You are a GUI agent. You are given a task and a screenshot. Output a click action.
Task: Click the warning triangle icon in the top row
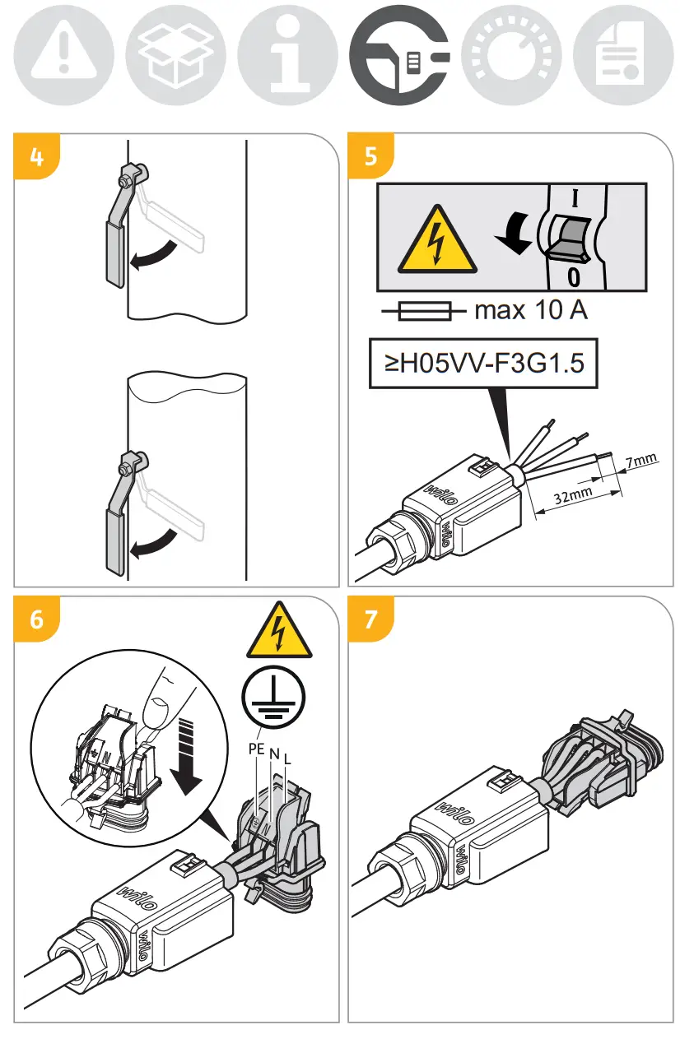63,55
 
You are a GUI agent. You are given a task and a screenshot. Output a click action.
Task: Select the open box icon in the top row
176,55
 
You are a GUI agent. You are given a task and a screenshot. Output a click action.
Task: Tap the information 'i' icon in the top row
288,55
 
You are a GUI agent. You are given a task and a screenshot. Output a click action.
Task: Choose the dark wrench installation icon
399,55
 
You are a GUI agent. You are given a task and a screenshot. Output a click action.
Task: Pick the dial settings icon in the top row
511,55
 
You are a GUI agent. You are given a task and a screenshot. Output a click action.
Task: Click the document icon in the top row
623,55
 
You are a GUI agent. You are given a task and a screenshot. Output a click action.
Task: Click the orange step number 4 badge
37,156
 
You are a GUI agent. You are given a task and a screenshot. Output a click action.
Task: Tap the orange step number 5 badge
370,155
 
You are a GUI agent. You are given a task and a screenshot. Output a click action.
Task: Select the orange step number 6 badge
37,619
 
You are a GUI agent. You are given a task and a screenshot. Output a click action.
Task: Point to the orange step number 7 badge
370,619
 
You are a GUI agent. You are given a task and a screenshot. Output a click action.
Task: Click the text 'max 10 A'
531,310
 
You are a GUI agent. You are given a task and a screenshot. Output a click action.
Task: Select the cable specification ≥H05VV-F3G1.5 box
483,363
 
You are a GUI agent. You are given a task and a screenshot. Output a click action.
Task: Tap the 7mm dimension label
642,460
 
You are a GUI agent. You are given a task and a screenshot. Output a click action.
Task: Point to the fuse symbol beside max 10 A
424,311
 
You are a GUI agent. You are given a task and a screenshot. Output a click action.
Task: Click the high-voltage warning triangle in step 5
437,239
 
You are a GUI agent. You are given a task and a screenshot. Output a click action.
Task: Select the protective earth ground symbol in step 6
273,697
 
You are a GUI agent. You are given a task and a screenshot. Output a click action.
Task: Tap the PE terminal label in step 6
256,749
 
